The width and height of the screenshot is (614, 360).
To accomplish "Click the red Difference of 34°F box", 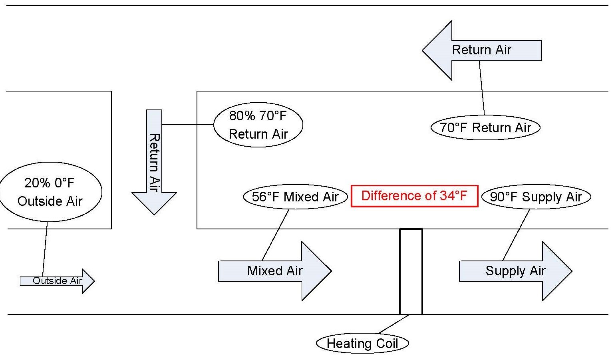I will [414, 196].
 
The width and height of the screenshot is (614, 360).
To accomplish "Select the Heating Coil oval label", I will [362, 343].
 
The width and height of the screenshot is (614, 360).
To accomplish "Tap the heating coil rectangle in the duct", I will [411, 272].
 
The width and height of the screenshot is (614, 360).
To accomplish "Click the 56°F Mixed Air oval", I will [295, 197].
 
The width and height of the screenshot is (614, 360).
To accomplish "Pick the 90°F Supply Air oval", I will [536, 197].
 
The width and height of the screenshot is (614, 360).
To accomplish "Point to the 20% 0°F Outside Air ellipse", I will [50, 192].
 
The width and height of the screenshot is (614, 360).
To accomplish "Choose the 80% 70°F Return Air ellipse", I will [258, 125].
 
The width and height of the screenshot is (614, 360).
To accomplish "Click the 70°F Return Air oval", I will [485, 128].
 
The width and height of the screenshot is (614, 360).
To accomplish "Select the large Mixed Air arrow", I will [275, 271].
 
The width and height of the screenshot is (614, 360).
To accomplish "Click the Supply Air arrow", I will [515, 271].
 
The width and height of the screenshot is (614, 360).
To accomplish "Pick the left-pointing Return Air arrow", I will [481, 50].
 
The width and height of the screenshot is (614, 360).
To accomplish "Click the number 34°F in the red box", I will [453, 196].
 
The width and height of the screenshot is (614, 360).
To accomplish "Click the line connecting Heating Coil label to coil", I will [393, 324].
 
